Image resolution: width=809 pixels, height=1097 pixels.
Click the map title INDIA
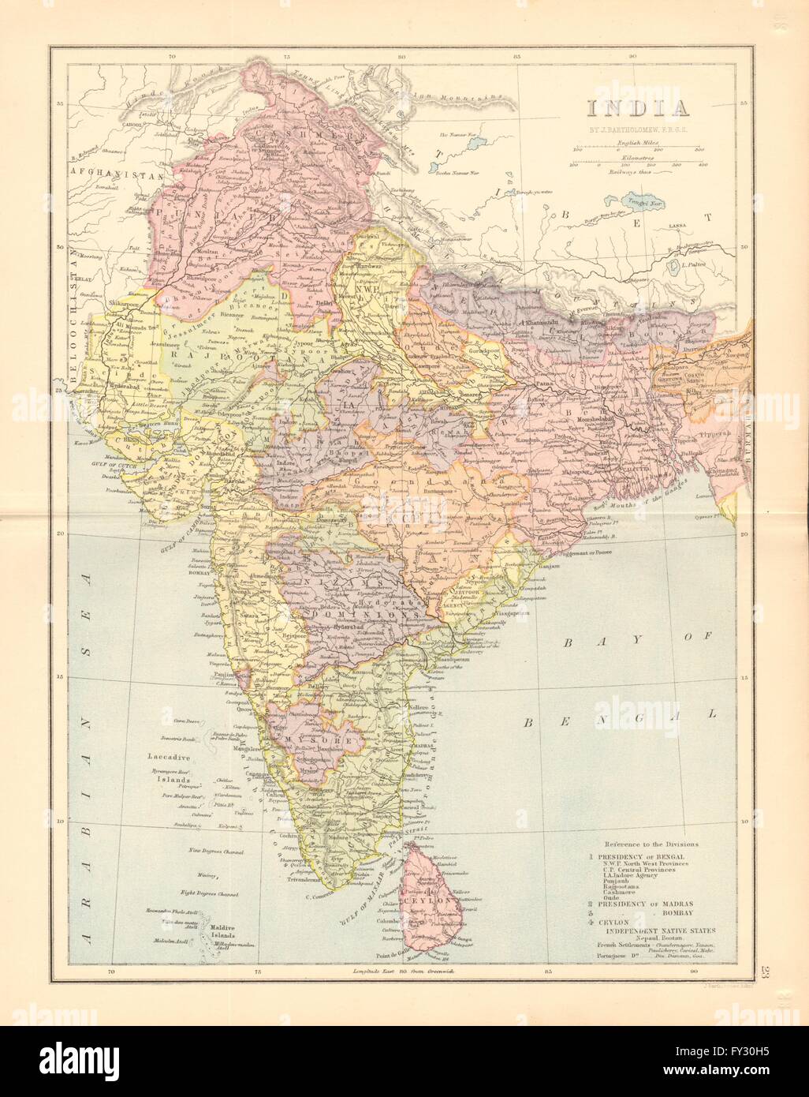tap(623, 107)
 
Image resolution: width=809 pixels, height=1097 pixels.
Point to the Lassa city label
tap(677, 226)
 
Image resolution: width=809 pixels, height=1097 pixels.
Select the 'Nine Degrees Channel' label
tap(213, 852)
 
